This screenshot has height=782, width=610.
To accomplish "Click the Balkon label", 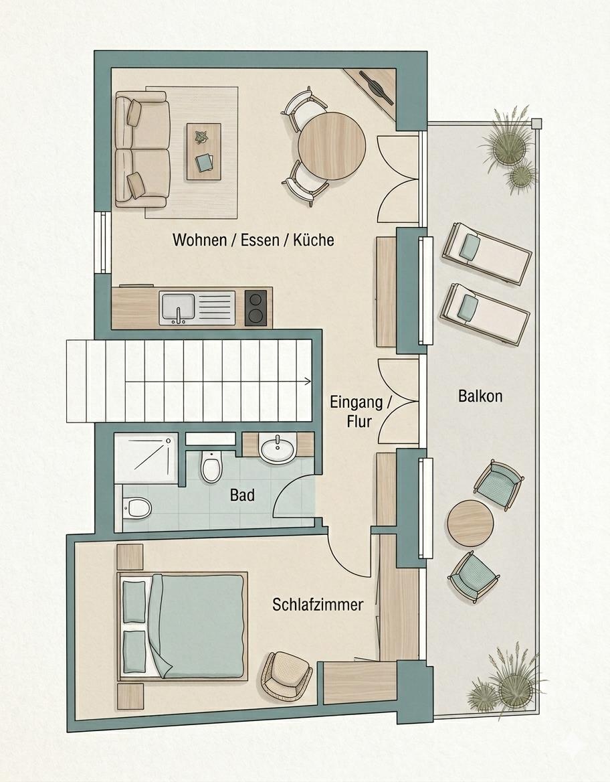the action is (480, 396).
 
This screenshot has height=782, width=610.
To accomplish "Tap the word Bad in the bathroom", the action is (242, 495).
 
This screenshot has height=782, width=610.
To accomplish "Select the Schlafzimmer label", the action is (318, 605).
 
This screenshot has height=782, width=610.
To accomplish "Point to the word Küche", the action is (313, 240).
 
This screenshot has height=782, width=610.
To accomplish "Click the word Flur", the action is (359, 422).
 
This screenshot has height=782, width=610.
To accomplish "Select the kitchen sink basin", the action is (177, 309).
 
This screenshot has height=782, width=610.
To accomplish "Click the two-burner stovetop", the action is (256, 308).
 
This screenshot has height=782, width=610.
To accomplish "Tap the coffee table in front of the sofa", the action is (204, 151).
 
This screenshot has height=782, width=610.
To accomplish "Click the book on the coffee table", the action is (204, 161).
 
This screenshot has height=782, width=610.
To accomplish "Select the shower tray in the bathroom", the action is (146, 459).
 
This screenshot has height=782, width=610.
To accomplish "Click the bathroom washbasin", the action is (278, 448).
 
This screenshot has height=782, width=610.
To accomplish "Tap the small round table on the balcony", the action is (470, 524).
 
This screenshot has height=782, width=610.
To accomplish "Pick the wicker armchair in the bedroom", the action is (286, 674).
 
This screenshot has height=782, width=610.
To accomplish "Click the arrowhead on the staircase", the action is (308, 382).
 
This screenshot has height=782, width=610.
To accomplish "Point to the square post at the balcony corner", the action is (536, 123).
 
